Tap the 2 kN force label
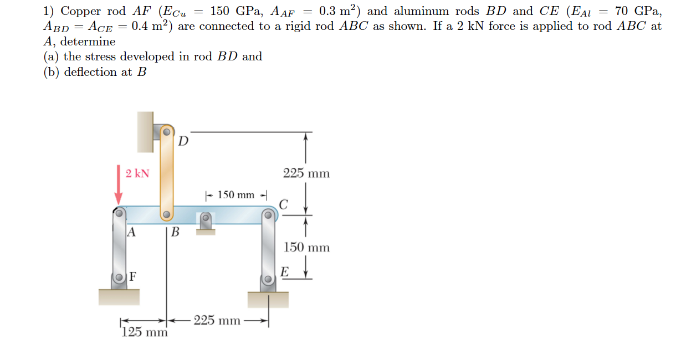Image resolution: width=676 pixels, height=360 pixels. click(137, 173)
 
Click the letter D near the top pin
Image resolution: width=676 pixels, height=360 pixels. click(184, 141)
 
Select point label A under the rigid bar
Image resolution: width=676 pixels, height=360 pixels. click(131, 232)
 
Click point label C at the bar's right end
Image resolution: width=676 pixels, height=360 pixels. click(283, 205)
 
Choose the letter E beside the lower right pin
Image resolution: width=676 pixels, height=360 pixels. click(284, 272)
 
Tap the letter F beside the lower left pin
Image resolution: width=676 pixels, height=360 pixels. click(134, 276)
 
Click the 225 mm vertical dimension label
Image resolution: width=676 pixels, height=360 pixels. click(306, 173)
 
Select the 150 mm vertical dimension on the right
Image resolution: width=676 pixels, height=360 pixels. click(306, 248)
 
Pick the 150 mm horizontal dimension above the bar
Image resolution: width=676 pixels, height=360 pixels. click(236, 195)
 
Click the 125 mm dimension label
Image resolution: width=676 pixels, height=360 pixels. click(144, 332)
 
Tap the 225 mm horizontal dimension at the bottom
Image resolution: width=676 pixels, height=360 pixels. click(217, 321)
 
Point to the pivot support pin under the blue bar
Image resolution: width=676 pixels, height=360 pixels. click(206, 218)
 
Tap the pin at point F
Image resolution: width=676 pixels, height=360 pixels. click(119, 277)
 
